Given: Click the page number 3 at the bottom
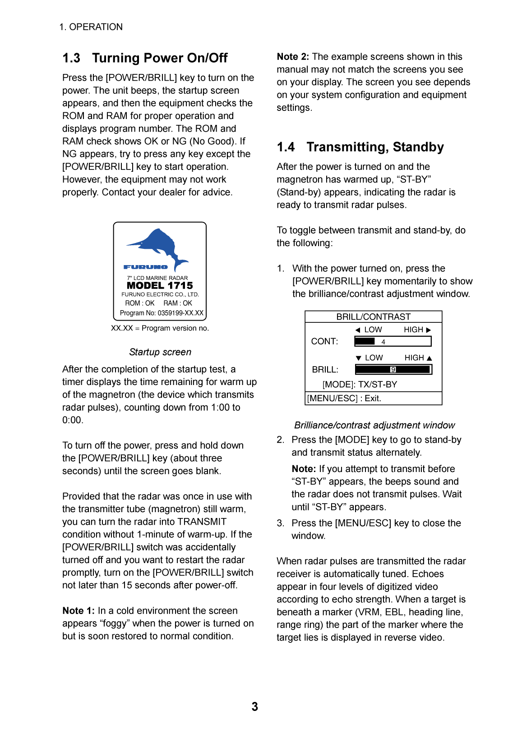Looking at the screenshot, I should click(255, 706).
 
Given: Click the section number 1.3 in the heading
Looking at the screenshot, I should click(71, 58).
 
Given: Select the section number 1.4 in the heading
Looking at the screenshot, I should click(286, 147).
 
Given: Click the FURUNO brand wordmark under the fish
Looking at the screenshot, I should click(145, 267).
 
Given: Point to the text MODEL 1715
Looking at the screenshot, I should click(160, 285).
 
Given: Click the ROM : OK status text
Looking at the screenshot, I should click(140, 303).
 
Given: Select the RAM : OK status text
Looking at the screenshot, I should click(178, 303).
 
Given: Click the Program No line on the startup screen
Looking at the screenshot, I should click(162, 313).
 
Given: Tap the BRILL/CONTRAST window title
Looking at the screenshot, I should click(373, 317).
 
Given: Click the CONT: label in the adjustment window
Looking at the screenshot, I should click(324, 341).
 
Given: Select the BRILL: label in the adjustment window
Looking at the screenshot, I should click(325, 370).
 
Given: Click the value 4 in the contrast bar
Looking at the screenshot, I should click(383, 342).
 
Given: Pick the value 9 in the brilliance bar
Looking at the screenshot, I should click(393, 370).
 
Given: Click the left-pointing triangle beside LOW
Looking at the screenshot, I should click(358, 330).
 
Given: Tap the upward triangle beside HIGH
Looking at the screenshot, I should click(430, 358).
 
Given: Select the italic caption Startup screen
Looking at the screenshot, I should click(160, 352).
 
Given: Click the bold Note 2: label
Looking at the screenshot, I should click(293, 57).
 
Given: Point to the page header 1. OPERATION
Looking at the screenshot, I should click(91, 27).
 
